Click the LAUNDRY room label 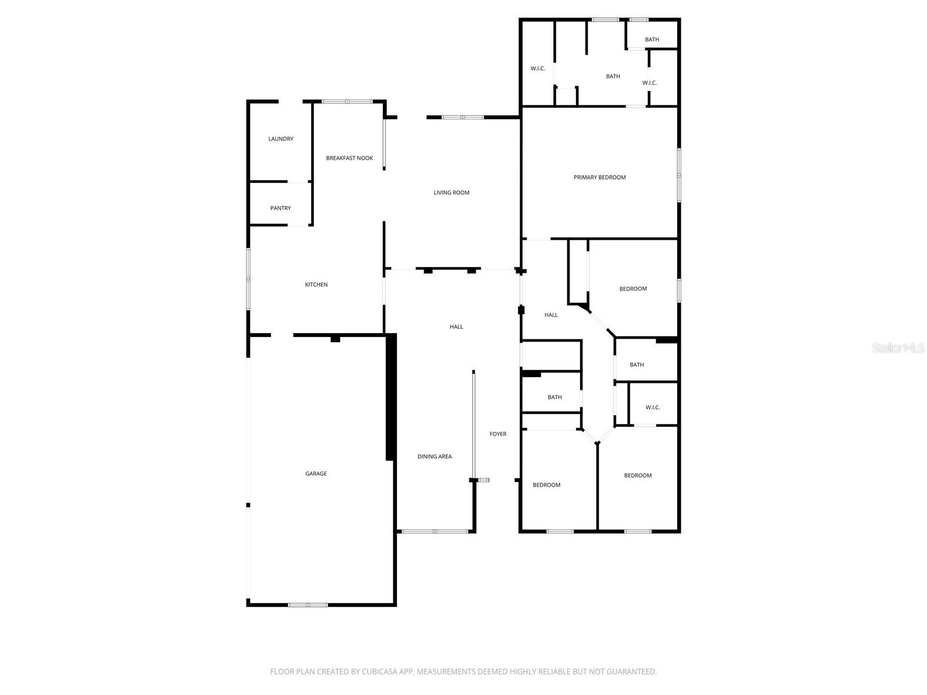(x=280, y=139)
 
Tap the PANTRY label (x=280, y=209)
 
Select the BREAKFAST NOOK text (x=349, y=158)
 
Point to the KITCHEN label (x=316, y=285)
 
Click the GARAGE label (x=316, y=474)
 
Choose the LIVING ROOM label (x=451, y=193)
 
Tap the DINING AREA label (x=435, y=457)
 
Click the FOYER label (x=498, y=434)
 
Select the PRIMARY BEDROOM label (x=600, y=178)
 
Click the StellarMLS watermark (x=898, y=348)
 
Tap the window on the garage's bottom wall (x=308, y=605)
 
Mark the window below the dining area (x=435, y=531)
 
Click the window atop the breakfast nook (x=347, y=101)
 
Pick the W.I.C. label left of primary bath (x=538, y=69)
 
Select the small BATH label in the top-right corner (x=652, y=40)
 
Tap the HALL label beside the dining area (x=457, y=327)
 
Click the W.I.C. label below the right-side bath (x=652, y=408)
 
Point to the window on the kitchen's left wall (x=249, y=279)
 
